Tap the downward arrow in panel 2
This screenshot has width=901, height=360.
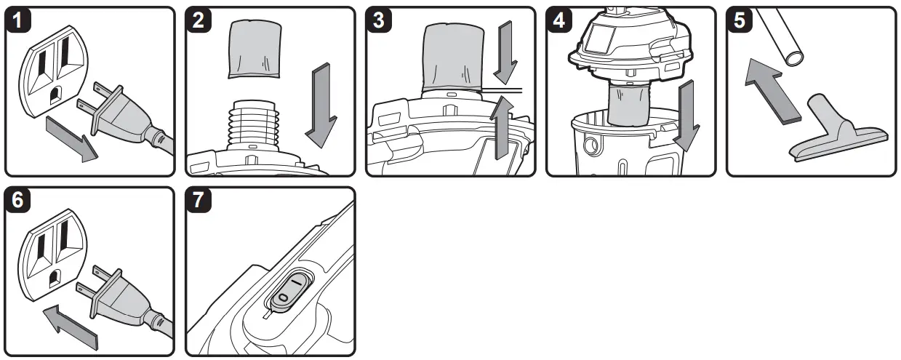[x=320, y=102]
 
